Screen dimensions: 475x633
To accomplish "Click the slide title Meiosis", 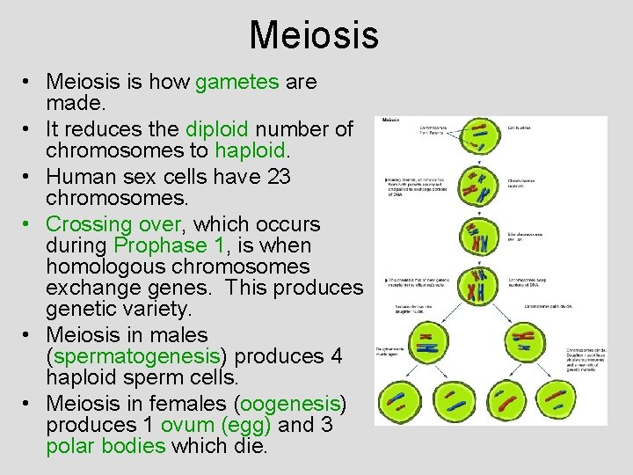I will click(x=314, y=36).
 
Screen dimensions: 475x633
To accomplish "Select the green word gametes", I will click(x=236, y=82).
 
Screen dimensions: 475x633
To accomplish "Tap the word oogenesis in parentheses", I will click(x=290, y=404).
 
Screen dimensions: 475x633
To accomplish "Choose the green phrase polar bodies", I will click(x=105, y=446).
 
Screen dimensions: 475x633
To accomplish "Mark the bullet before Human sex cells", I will click(x=28, y=178).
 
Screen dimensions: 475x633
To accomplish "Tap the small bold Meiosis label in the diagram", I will click(x=391, y=121).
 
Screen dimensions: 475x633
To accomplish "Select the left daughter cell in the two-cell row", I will click(x=429, y=346).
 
